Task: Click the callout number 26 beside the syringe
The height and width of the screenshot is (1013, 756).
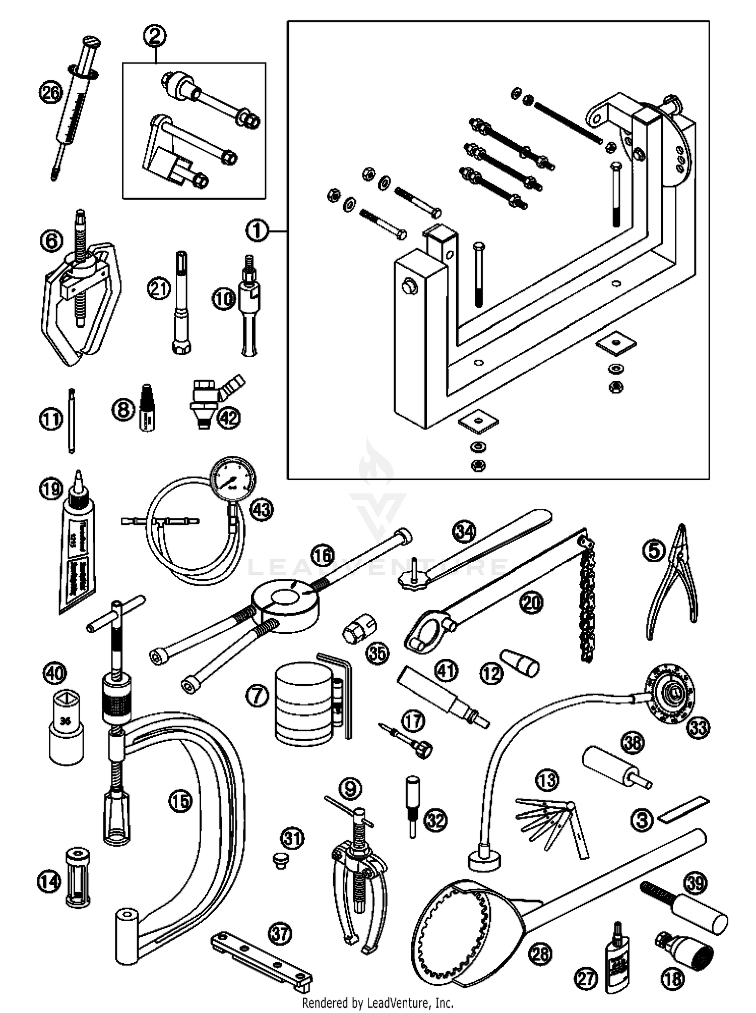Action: coord(51,93)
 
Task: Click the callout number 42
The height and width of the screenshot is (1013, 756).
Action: coord(229,418)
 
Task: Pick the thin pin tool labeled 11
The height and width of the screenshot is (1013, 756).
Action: coord(72,421)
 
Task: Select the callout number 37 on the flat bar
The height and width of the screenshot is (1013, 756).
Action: coord(280,933)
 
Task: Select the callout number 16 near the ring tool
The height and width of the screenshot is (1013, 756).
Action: coord(323,556)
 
